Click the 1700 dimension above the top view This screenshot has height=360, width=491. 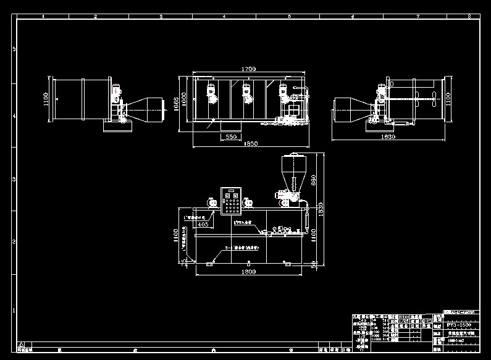coord(249,69)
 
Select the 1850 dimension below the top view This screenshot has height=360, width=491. coord(251,143)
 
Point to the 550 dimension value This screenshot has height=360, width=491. coord(230,136)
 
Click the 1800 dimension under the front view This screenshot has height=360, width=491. coord(248,271)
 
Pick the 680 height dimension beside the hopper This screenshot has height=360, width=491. coord(313,180)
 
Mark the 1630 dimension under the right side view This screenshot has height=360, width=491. coord(388,136)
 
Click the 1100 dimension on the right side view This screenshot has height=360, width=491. coord(448,99)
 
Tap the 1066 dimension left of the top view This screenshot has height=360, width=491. coord(176,104)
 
